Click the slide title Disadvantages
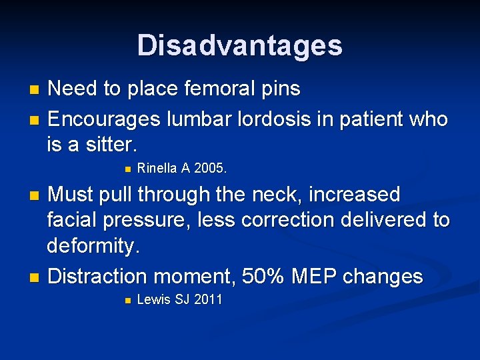click(240, 45)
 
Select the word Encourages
click(103, 119)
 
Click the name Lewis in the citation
click(153, 300)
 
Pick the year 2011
click(207, 300)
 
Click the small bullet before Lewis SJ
click(127, 301)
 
